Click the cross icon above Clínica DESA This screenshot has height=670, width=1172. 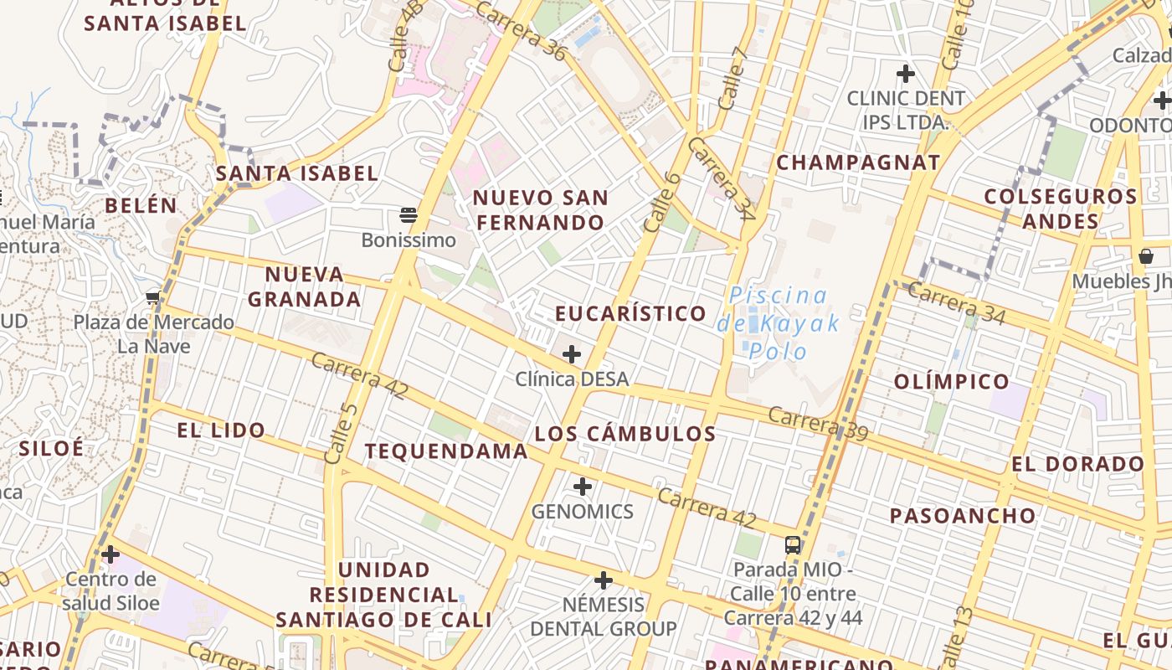[x=572, y=354]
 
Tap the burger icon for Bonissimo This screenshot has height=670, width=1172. [x=409, y=215]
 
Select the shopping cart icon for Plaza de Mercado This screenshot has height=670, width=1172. [x=153, y=297]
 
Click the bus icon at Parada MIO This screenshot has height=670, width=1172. [x=792, y=545]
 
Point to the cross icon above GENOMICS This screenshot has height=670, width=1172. [x=583, y=486]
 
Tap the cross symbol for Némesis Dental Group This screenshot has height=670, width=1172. [x=603, y=580]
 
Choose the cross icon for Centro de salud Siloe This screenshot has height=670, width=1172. [x=111, y=554]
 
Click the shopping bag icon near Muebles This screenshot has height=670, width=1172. [x=1145, y=255]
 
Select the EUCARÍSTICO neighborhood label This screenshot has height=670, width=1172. [x=631, y=313]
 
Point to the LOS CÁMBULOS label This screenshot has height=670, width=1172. [x=625, y=434]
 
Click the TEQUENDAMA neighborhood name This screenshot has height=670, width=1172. [x=446, y=451]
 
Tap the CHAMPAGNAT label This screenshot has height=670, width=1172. [x=858, y=162]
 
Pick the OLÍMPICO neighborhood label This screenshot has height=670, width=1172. [x=952, y=382]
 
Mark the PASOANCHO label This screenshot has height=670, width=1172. [x=963, y=516]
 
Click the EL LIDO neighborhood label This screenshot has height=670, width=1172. [x=221, y=430]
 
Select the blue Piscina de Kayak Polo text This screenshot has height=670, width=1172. [x=778, y=322]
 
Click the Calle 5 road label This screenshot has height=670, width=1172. [x=342, y=433]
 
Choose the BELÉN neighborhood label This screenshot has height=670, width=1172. [x=141, y=205]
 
